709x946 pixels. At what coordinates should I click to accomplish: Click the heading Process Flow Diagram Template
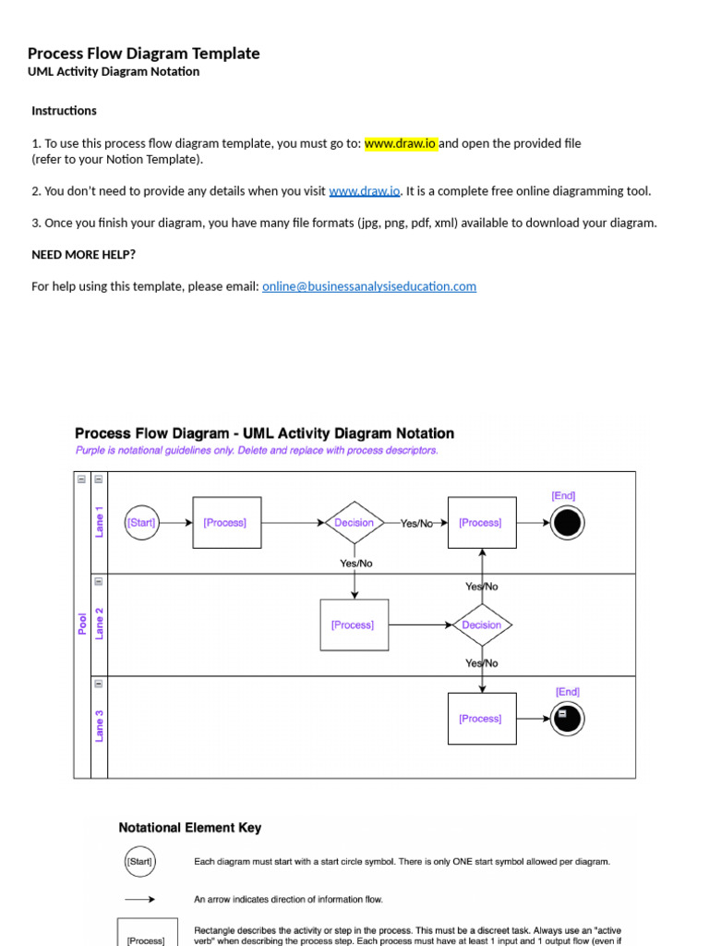pos(143,54)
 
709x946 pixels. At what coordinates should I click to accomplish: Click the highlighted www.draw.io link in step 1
pos(401,143)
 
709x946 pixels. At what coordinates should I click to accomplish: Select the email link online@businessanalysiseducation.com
pos(369,286)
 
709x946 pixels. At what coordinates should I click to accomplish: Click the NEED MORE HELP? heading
pos(83,254)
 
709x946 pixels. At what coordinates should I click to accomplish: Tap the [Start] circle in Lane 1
pos(141,523)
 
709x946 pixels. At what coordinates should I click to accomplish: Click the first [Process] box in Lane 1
pos(226,523)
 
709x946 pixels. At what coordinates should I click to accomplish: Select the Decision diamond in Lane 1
pos(354,523)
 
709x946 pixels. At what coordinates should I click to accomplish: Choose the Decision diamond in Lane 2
pos(481,625)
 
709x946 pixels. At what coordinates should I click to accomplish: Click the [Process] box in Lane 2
pos(354,625)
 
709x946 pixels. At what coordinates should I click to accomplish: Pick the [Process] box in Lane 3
pos(481,719)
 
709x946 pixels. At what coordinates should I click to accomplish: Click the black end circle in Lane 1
pos(567,524)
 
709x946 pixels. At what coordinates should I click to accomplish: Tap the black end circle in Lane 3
pos(567,717)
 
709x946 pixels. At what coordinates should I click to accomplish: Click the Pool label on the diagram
pos(82,625)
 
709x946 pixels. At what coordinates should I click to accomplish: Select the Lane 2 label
pos(100,625)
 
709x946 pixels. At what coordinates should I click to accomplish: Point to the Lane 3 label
pos(100,725)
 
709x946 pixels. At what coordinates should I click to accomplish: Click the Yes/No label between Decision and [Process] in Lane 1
pos(416,523)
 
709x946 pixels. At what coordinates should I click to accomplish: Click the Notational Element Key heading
pos(190,828)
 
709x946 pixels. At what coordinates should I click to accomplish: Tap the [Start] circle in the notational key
pos(139,862)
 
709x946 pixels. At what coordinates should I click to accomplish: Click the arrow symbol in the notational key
pos(139,899)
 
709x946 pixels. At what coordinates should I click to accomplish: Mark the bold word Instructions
pos(64,111)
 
